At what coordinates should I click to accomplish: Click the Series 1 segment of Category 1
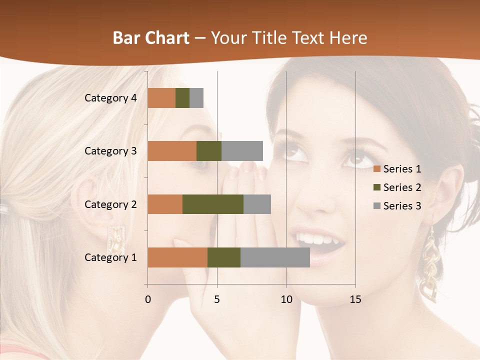pyautogui.click(x=177, y=257)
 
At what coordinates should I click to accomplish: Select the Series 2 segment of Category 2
pyautogui.click(x=213, y=204)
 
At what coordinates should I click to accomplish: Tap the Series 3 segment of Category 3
pyautogui.click(x=242, y=151)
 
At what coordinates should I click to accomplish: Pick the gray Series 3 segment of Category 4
pyautogui.click(x=196, y=98)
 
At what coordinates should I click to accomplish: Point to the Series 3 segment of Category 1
pyautogui.click(x=275, y=257)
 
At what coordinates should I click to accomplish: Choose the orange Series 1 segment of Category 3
pyautogui.click(x=172, y=151)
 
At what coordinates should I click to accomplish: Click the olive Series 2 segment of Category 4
pyautogui.click(x=182, y=98)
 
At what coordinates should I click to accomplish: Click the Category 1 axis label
pyautogui.click(x=110, y=257)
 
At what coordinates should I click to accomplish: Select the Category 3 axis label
pyautogui.click(x=110, y=151)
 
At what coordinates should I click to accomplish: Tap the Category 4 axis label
pyautogui.click(x=110, y=98)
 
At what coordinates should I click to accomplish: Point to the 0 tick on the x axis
pyautogui.click(x=147, y=299)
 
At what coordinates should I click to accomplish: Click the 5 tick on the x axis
pyautogui.click(x=217, y=299)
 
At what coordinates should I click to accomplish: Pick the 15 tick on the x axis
pyautogui.click(x=355, y=299)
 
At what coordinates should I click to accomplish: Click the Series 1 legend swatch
pyautogui.click(x=376, y=169)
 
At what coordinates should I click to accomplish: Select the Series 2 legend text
pyautogui.click(x=402, y=187)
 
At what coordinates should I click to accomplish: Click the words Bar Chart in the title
pyautogui.click(x=151, y=38)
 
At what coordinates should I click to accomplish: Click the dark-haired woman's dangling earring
pyautogui.click(x=429, y=265)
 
